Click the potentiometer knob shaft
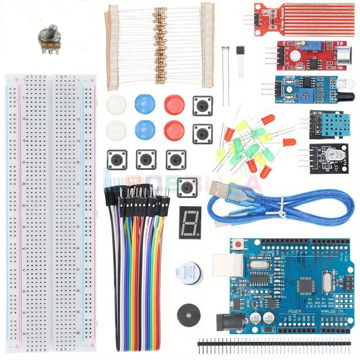tap(52, 29)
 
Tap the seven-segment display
tap(189, 222)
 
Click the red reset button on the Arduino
tap(238, 245)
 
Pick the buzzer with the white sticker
tap(188, 273)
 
